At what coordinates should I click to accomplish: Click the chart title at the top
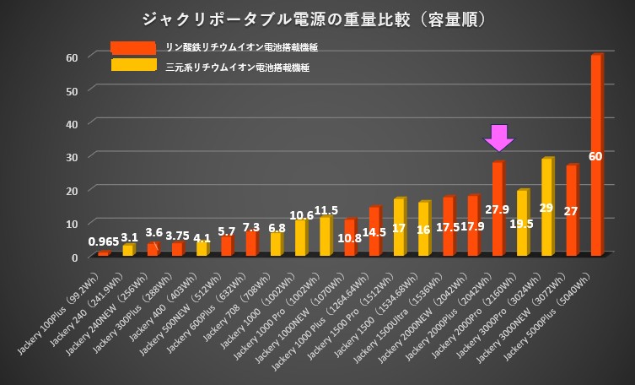point(317,18)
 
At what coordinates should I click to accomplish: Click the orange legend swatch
point(133,47)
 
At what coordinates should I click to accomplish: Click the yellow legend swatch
point(133,65)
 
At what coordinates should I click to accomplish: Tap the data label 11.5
point(325,209)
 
